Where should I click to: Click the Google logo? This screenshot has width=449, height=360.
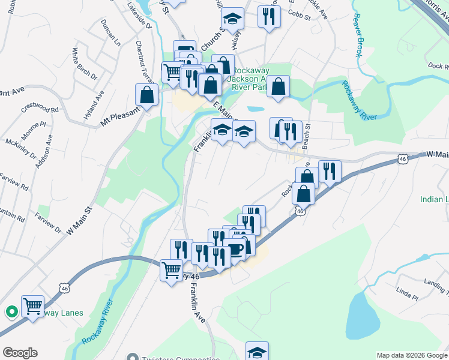[20, 353]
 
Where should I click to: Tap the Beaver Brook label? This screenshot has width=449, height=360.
[358, 35]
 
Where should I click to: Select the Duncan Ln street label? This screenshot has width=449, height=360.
[111, 35]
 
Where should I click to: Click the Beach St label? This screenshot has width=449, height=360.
[306, 136]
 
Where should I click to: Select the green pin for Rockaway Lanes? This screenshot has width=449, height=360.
[11, 311]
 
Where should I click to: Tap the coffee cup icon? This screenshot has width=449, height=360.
[235, 250]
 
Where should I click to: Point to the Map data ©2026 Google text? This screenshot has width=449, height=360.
[411, 355]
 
